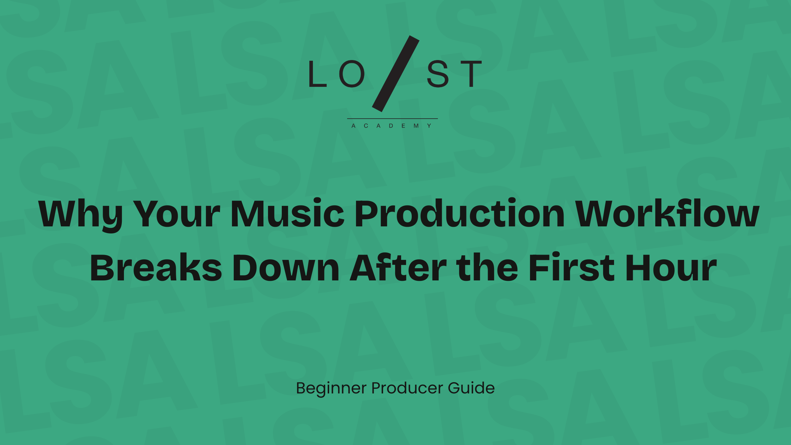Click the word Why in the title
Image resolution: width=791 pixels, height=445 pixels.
point(81,214)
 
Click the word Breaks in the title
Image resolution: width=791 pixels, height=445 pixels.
point(156,267)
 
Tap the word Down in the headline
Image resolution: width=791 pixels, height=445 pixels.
point(286,268)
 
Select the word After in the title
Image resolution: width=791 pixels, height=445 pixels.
point(398,267)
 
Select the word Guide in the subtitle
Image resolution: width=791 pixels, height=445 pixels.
point(471,388)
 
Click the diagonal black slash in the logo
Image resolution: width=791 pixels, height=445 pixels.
point(395,73)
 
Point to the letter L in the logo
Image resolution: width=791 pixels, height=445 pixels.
point(318,73)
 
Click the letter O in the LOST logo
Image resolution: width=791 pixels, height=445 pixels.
point(352,73)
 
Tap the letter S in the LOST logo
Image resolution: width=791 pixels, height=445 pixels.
point(438,73)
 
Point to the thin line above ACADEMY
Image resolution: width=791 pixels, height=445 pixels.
point(392,119)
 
